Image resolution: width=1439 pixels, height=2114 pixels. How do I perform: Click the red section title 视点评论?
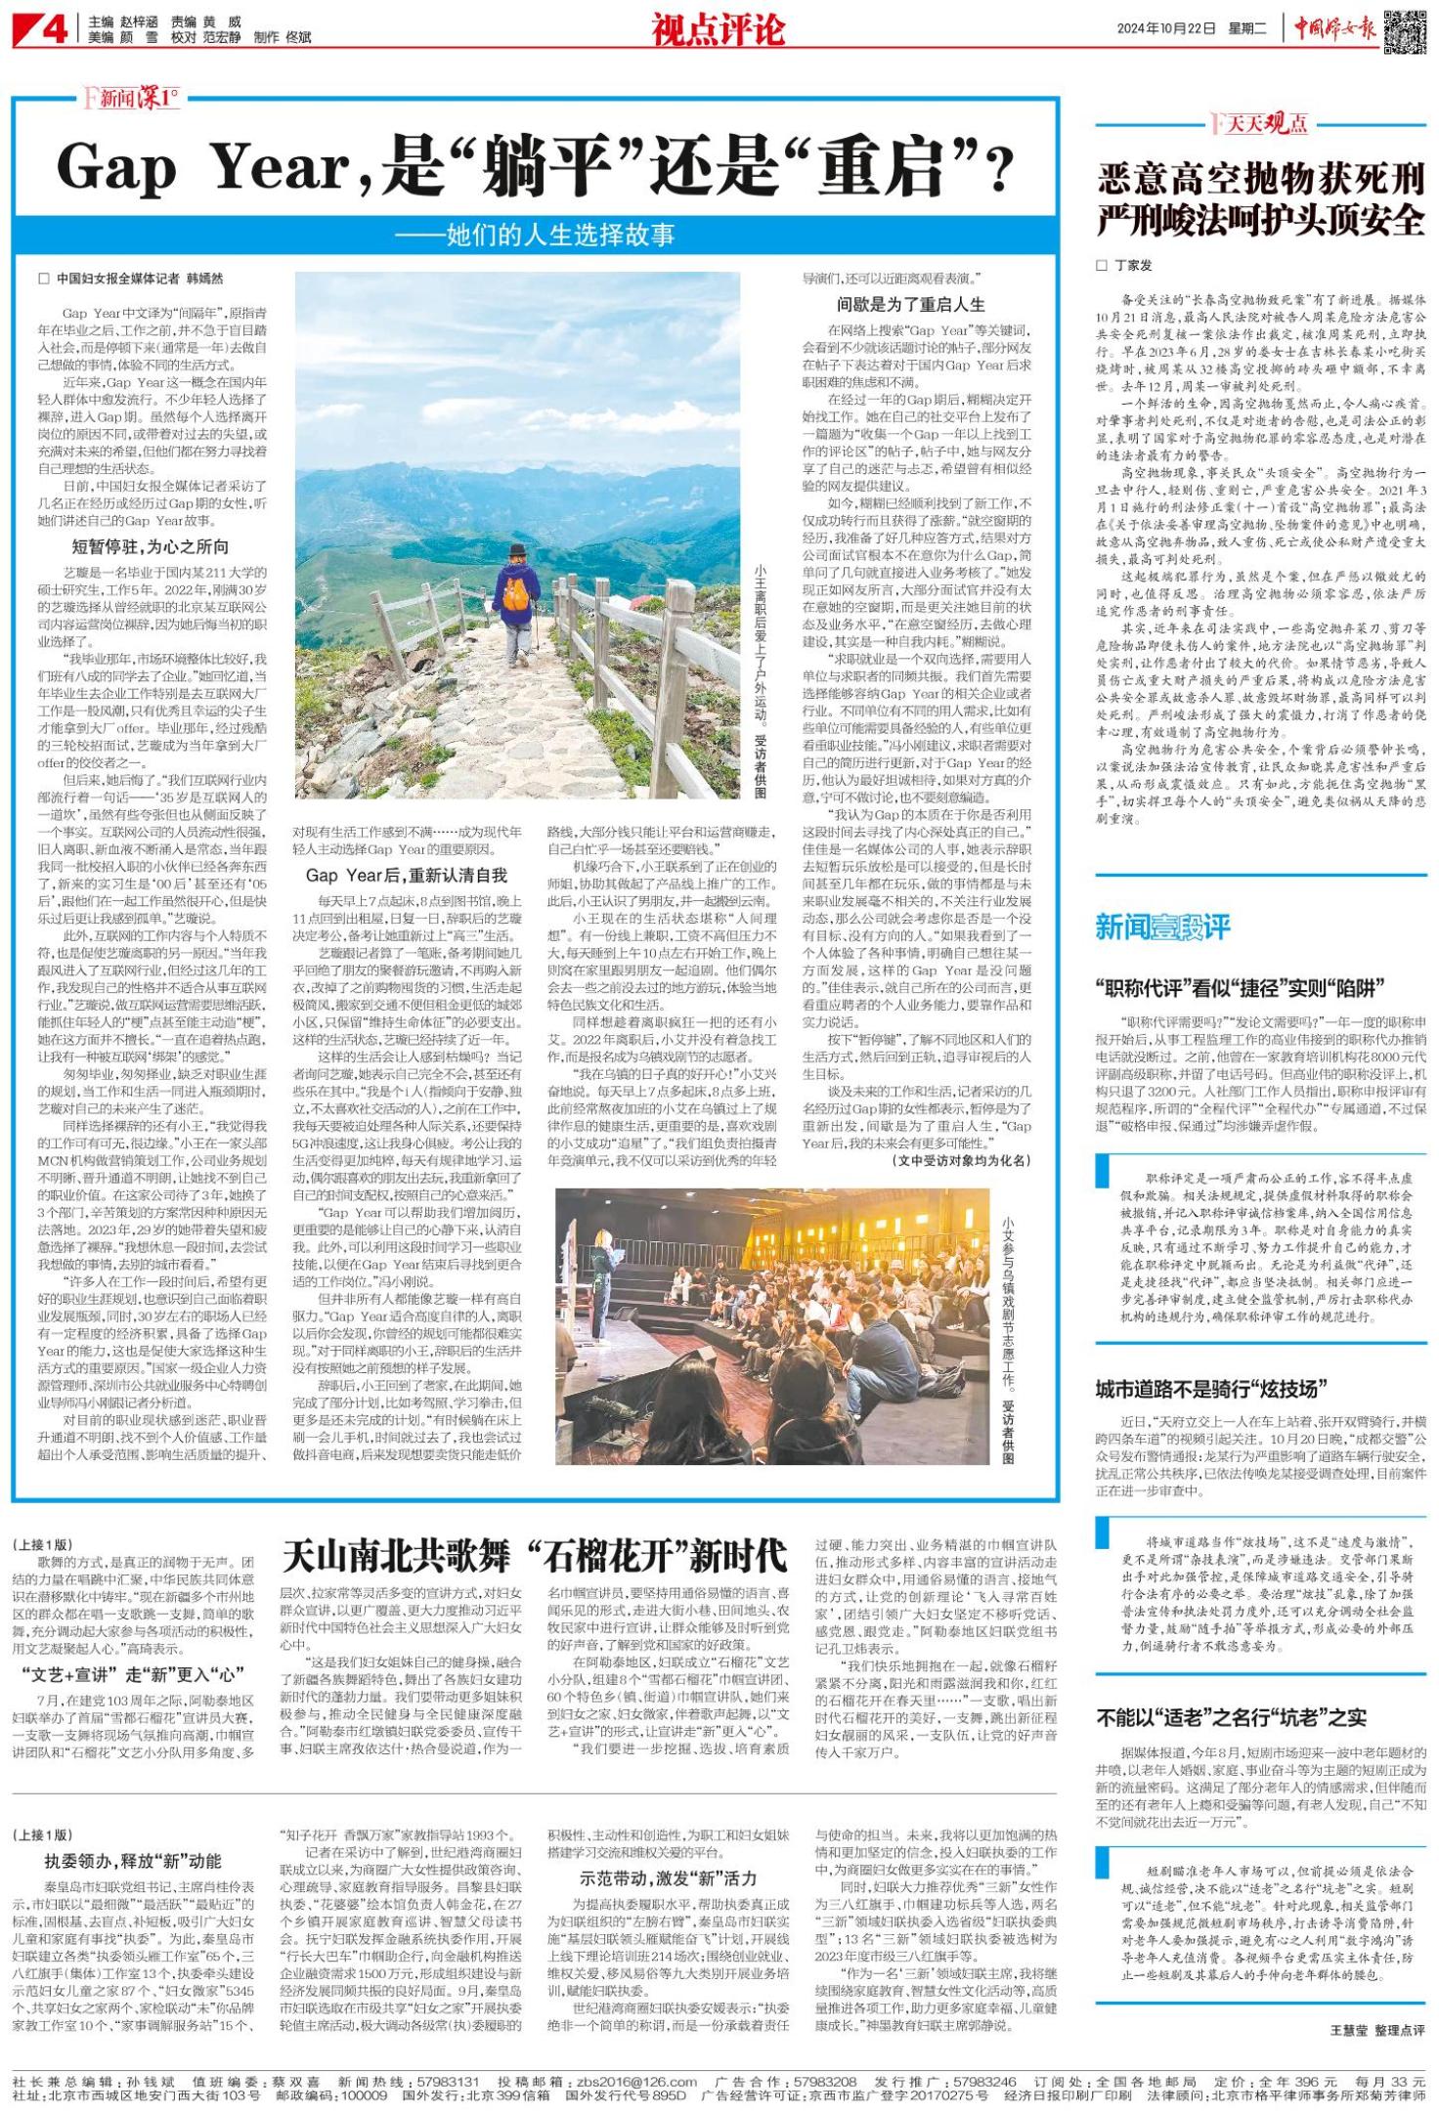[x=719, y=31]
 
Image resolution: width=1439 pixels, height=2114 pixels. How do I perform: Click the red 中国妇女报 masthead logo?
[x=1335, y=29]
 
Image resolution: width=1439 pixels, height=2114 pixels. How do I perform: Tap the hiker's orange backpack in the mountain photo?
[x=519, y=589]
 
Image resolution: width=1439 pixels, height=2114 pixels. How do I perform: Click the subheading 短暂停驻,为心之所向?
[x=152, y=546]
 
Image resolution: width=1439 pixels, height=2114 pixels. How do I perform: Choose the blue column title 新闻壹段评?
[x=1162, y=927]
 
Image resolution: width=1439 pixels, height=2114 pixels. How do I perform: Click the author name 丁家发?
[x=1133, y=265]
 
